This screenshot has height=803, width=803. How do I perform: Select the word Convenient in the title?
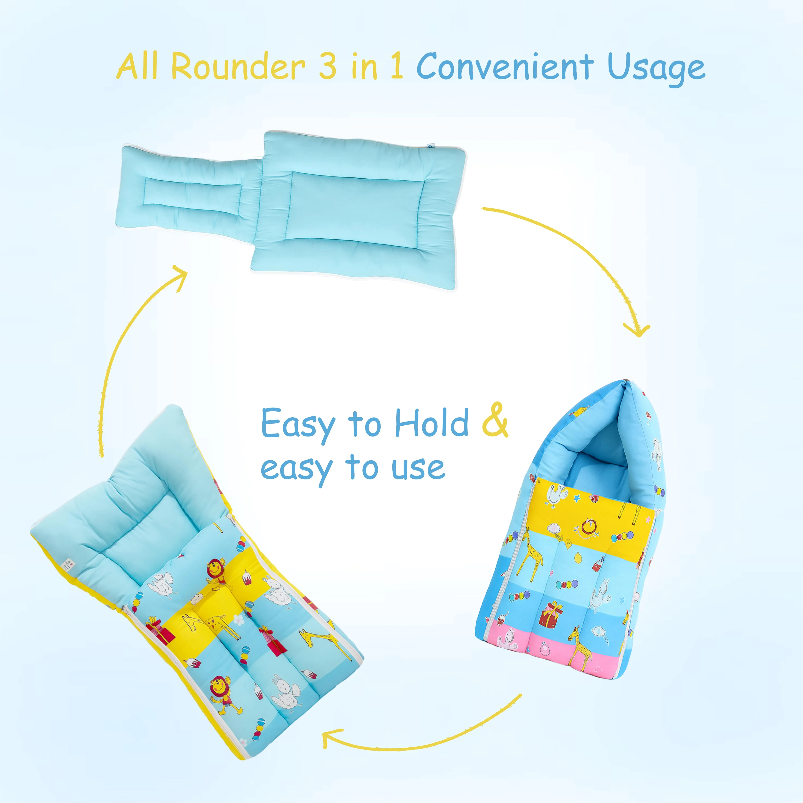(x=505, y=67)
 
